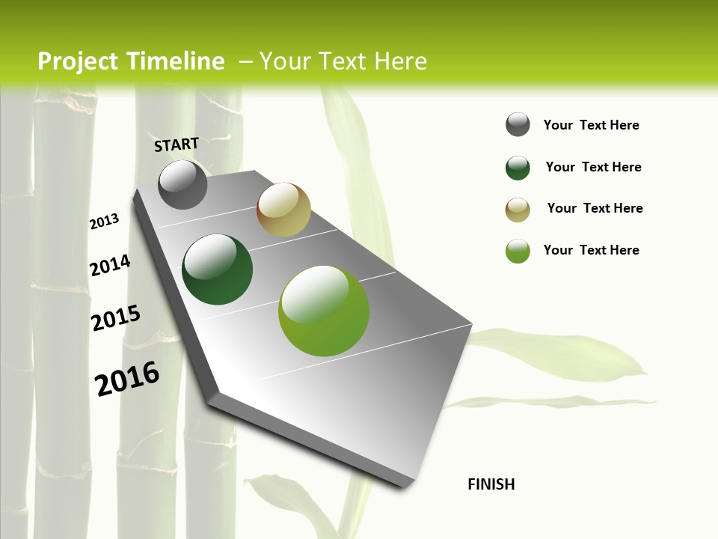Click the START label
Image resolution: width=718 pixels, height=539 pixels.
tap(177, 144)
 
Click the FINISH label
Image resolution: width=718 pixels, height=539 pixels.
tap(491, 484)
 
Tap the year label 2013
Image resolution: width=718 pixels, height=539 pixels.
tap(105, 222)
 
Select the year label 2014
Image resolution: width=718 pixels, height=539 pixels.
tap(110, 265)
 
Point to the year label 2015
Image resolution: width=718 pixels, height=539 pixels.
tap(116, 317)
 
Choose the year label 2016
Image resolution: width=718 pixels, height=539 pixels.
tap(127, 378)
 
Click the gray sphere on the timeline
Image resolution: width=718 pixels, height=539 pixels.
tap(182, 184)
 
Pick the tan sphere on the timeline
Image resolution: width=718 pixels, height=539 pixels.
tap(283, 210)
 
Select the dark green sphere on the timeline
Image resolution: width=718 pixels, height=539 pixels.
tap(217, 269)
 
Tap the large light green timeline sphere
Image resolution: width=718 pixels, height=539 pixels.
tap(324, 311)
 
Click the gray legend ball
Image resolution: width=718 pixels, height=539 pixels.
tap(518, 125)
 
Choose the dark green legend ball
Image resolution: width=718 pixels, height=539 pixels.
tap(518, 168)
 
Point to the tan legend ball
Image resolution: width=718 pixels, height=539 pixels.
tap(518, 210)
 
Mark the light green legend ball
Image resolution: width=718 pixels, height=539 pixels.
tap(518, 251)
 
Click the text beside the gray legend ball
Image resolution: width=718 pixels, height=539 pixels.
tap(591, 125)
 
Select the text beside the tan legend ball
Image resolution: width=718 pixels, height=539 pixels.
tap(595, 208)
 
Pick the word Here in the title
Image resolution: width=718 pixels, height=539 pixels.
tap(400, 61)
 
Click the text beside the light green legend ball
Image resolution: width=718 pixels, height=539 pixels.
tap(591, 250)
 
